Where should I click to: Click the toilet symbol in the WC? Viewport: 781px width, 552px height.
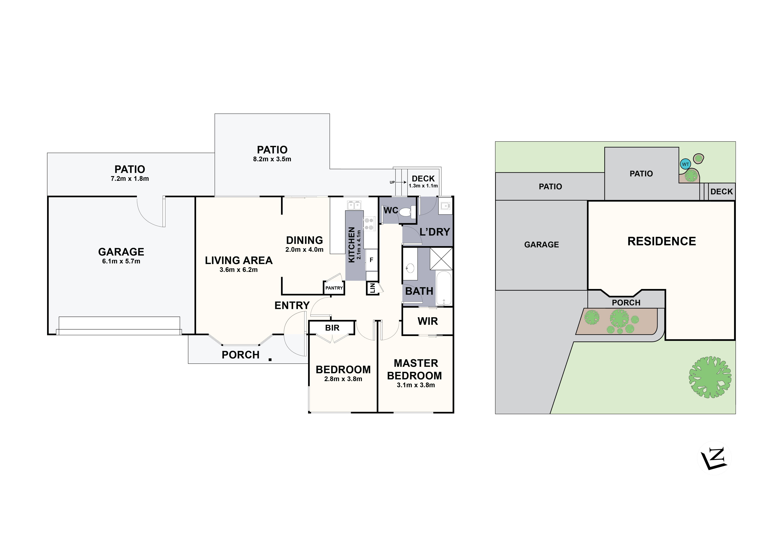(x=406, y=212)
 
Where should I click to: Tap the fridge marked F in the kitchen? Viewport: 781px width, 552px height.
(x=372, y=260)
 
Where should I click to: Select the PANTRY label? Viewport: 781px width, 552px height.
(x=334, y=288)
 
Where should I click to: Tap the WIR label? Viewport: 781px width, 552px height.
(x=428, y=321)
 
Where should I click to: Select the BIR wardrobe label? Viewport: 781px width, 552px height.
(x=332, y=328)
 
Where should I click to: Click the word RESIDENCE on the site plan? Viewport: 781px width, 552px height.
(x=662, y=241)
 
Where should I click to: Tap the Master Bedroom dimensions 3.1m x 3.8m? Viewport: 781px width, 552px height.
(x=416, y=385)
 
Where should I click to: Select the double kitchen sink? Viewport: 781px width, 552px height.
(x=354, y=205)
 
